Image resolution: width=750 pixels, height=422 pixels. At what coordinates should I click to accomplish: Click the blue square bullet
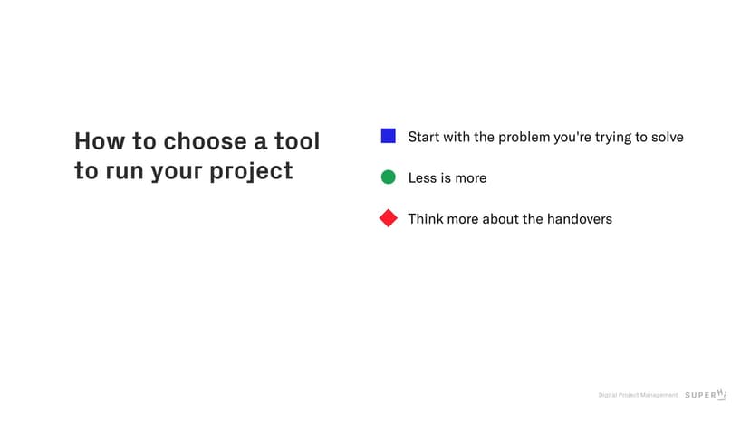388,136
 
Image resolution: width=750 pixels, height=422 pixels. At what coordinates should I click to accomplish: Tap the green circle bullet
388,177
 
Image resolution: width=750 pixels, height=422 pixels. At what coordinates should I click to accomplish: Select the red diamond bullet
388,218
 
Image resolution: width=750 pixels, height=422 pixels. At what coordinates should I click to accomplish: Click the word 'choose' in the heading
206,141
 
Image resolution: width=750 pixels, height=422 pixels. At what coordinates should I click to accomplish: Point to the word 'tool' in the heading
296,141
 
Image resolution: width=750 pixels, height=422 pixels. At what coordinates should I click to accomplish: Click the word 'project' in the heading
251,171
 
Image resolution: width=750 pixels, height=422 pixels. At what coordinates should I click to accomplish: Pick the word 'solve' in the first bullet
667,137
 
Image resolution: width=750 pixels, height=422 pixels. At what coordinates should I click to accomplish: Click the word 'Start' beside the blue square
423,137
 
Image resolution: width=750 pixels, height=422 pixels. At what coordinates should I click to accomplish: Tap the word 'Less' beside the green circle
422,178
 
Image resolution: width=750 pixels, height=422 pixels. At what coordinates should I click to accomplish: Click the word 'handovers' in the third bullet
579,218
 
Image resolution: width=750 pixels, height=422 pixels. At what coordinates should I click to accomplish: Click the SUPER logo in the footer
706,394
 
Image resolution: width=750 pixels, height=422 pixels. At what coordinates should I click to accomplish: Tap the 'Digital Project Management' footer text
638,395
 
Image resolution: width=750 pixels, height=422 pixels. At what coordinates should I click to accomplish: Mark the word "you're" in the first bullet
572,138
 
